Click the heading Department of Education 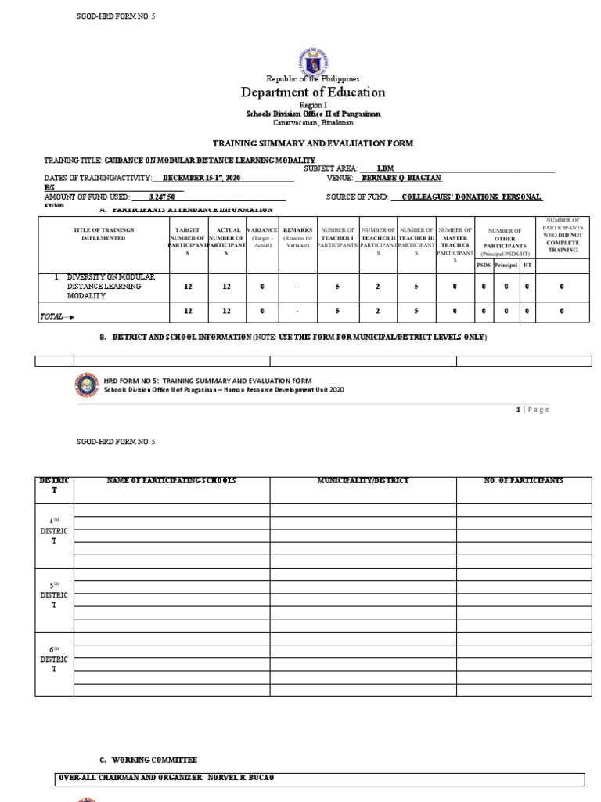313,92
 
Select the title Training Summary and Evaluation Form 313,143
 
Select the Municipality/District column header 363,480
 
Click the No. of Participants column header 524,480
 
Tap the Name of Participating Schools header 171,480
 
